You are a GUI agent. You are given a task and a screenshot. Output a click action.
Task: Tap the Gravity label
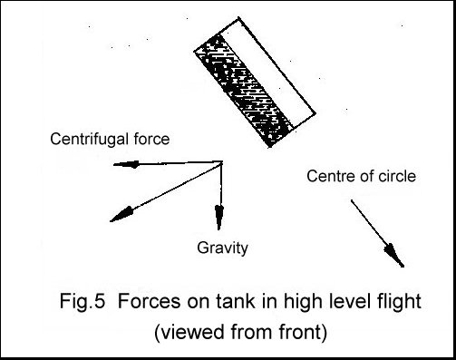[223, 246]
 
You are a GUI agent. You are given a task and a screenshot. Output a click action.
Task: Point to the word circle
[396, 175]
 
